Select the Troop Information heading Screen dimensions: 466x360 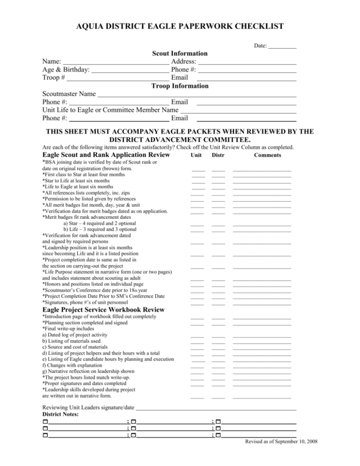click(x=180, y=86)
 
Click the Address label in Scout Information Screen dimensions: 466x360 click(x=184, y=62)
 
